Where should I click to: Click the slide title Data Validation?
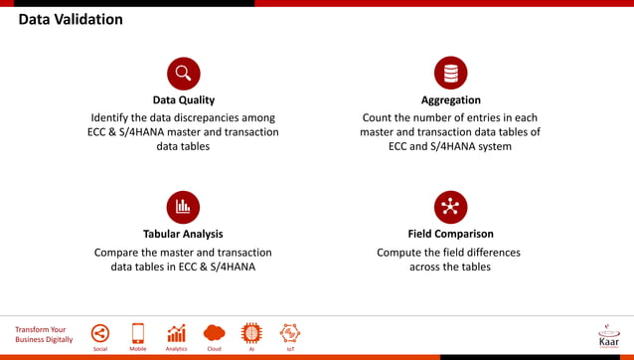click(x=71, y=20)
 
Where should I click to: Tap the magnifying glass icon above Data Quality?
click(x=183, y=74)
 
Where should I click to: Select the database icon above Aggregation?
click(x=450, y=74)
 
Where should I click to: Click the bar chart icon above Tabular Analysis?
click(x=183, y=207)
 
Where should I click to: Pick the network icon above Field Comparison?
click(x=450, y=207)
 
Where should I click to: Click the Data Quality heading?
click(x=183, y=99)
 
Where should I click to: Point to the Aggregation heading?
click(x=450, y=99)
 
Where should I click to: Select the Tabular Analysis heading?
click(x=183, y=234)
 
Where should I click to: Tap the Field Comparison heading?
click(x=450, y=234)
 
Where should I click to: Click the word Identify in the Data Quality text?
click(x=113, y=117)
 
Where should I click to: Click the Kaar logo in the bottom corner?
click(x=608, y=335)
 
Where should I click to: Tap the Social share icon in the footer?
click(x=100, y=333)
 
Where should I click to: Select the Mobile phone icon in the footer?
click(x=138, y=333)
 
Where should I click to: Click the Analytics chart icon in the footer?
click(x=176, y=333)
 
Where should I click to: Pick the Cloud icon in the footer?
click(x=214, y=333)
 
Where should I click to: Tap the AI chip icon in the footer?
click(x=251, y=333)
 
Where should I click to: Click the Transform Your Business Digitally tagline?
click(x=44, y=334)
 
